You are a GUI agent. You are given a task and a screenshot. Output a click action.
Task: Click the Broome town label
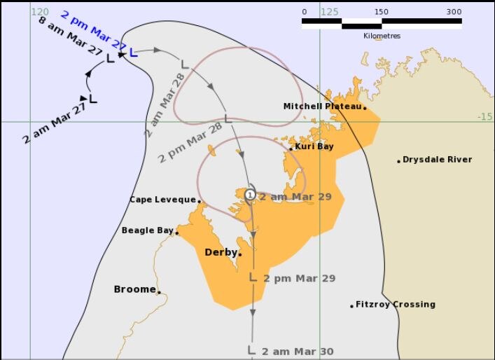134,289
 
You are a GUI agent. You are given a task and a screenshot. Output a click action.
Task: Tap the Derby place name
220,252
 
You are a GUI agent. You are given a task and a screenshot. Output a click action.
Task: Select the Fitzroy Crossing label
396,305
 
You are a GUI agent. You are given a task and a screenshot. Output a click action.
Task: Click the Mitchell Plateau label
322,106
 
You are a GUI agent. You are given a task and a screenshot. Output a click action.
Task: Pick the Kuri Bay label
314,147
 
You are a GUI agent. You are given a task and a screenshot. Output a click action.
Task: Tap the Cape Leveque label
162,200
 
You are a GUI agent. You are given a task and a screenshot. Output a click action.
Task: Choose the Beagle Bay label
147,230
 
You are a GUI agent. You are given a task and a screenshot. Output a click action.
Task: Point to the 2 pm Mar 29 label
300,278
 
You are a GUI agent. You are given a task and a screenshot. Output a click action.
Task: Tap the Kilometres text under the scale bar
382,36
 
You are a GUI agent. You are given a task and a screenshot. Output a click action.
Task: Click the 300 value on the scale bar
454,11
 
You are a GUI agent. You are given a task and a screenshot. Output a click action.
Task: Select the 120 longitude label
41,11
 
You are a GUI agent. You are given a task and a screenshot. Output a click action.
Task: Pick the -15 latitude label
484,116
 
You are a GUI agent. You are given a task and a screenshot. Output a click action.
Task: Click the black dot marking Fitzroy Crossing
351,305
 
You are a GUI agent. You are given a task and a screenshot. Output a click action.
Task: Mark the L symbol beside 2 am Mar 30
251,349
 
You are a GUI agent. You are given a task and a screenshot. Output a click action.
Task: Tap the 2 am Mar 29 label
295,197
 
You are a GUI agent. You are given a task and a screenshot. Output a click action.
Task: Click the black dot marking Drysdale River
398,161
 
